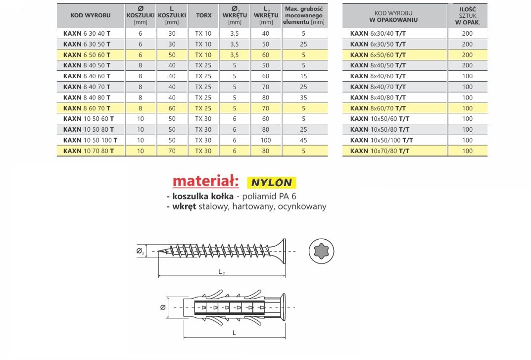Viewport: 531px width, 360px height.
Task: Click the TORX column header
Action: [x=203, y=15]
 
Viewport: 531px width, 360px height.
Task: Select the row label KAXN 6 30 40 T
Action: [x=87, y=34]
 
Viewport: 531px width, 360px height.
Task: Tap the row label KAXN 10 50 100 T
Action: [x=90, y=140]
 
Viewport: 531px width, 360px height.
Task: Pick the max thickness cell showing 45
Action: [x=303, y=140]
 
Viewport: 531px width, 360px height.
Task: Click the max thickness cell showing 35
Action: [x=303, y=98]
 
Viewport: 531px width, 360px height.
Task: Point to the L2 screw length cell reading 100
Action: [x=265, y=140]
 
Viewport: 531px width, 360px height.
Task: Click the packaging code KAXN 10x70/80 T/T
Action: [x=380, y=151]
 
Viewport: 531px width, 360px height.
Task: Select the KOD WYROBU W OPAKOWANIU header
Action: [x=393, y=16]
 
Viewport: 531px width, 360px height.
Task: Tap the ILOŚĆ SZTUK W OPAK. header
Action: [x=468, y=16]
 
